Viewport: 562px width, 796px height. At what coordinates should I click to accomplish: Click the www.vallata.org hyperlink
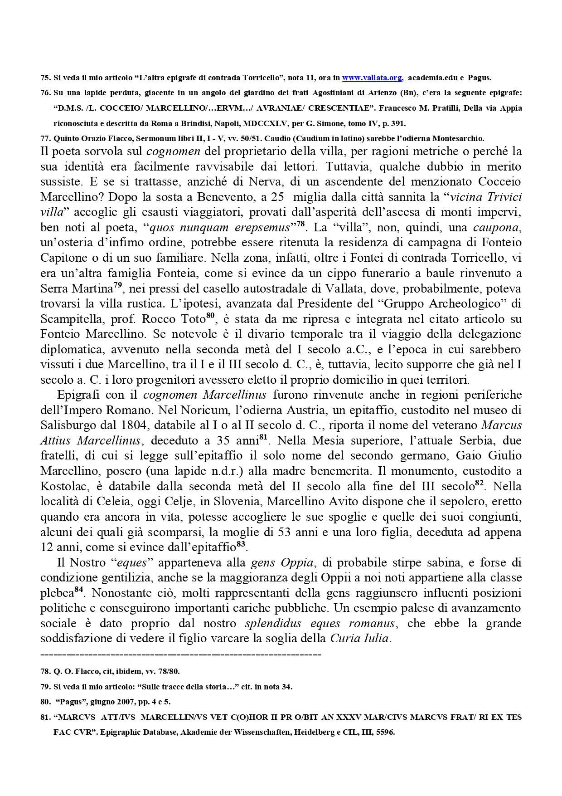[372, 78]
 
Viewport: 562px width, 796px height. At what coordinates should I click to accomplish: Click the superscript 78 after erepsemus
[300, 224]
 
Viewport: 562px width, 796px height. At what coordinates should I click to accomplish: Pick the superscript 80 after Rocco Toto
[210, 315]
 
